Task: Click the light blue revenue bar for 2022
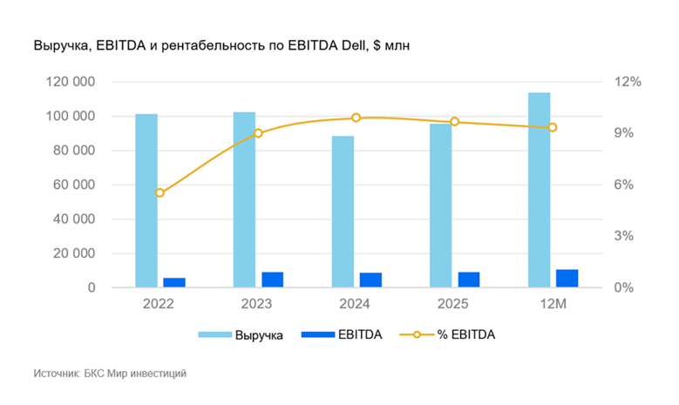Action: point(146,200)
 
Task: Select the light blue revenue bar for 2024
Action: point(343,212)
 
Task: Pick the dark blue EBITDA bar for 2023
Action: point(273,280)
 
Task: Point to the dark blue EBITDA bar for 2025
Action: point(469,280)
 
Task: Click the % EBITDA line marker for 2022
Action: point(160,192)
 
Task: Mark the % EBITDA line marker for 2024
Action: point(356,118)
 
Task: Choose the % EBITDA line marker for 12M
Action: point(552,127)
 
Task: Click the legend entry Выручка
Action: point(258,334)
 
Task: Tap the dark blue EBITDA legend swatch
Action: point(316,334)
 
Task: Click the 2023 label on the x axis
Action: point(257,304)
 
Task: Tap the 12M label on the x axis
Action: point(552,304)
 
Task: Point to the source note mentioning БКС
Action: point(110,374)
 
